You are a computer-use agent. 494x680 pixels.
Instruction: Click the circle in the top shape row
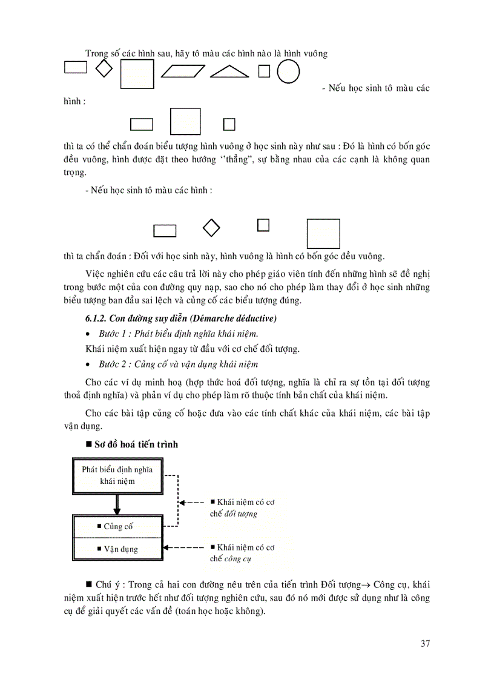pyautogui.click(x=288, y=71)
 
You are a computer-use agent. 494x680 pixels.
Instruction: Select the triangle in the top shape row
pyautogui.click(x=229, y=72)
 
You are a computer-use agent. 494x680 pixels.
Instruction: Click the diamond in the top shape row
pyautogui.click(x=105, y=68)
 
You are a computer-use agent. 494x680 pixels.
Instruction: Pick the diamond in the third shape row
pyautogui.click(x=210, y=228)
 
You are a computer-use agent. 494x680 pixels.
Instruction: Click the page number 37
pyautogui.click(x=425, y=643)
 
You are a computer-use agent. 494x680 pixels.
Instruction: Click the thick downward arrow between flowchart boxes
pyautogui.click(x=117, y=504)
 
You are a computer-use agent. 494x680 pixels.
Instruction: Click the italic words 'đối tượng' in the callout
pyautogui.click(x=241, y=513)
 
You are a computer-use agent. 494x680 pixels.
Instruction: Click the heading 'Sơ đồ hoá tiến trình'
pyautogui.click(x=136, y=444)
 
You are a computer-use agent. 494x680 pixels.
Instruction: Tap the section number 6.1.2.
pyautogui.click(x=97, y=319)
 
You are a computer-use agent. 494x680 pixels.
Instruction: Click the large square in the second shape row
pyautogui.click(x=185, y=121)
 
